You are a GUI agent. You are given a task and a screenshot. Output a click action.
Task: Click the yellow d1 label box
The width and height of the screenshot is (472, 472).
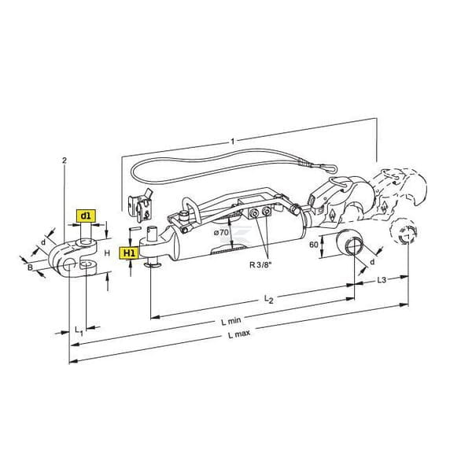[x=86, y=216]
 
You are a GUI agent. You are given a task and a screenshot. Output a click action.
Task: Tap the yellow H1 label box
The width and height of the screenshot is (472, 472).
[x=129, y=253]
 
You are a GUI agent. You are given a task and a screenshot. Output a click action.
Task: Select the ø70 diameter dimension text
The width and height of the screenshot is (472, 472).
[x=221, y=232]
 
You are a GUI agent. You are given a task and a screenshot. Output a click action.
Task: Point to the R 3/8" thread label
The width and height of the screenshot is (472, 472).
[x=260, y=265]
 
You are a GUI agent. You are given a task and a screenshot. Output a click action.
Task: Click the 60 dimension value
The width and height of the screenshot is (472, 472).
[x=314, y=245]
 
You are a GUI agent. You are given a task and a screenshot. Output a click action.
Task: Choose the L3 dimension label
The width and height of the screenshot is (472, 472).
[x=382, y=280]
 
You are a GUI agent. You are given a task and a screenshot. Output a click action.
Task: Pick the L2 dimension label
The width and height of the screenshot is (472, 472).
[x=268, y=299]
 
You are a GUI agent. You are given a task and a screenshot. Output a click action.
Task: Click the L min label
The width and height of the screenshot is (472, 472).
[x=231, y=322]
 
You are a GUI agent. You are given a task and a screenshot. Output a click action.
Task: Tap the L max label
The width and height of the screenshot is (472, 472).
[x=239, y=334]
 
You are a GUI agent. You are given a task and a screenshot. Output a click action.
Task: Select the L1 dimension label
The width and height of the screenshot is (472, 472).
[x=79, y=330]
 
